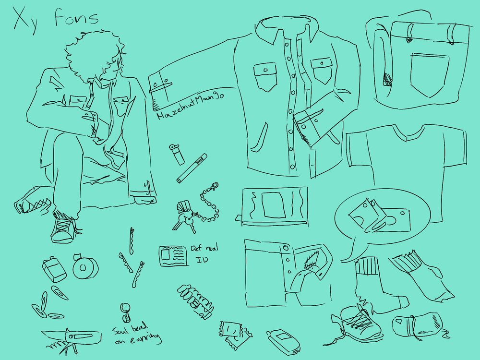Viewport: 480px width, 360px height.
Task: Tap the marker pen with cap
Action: pyautogui.click(x=192, y=168)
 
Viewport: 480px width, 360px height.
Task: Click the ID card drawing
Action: pyautogui.click(x=173, y=256)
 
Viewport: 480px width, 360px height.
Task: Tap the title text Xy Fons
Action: pyautogui.click(x=56, y=19)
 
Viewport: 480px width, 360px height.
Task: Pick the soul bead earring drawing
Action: pyautogui.click(x=125, y=312)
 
